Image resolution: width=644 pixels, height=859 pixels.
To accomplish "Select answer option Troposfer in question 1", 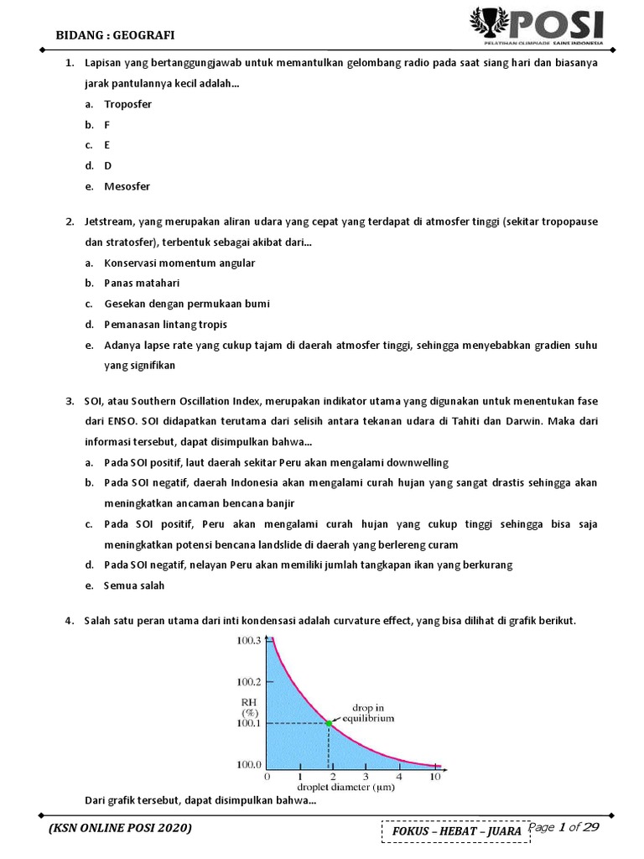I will coord(127,105).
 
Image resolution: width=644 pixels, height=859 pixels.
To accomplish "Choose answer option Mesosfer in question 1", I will coord(127,186).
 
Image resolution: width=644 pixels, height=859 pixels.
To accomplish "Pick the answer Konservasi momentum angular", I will coord(179,263).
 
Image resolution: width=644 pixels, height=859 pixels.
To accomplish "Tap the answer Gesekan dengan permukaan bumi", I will coord(187,303).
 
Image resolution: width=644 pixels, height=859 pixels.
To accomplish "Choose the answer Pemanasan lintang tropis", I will coord(165,324).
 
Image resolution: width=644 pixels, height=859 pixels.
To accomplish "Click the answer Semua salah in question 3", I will coord(134,585).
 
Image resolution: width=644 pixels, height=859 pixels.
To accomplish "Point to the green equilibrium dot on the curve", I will coord(328,722).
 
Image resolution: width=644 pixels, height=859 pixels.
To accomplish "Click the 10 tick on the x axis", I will coord(434,778).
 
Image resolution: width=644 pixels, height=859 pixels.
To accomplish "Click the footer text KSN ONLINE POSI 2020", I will coord(121,829).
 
